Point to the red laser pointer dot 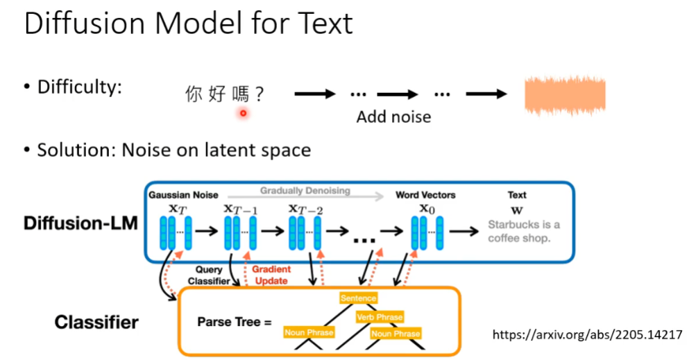(x=243, y=112)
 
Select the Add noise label (x=393, y=117)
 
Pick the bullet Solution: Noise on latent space (x=173, y=150)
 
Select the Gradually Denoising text (x=305, y=191)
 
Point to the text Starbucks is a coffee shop (x=523, y=231)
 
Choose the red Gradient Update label (x=272, y=276)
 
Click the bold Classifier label (x=96, y=322)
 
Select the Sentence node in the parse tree (x=358, y=298)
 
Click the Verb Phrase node (x=380, y=317)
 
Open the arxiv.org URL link (x=587, y=335)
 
